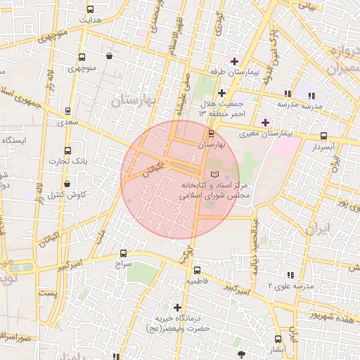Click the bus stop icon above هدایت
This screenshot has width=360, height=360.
click(89, 9)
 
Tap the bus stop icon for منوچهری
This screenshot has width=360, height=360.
click(82, 58)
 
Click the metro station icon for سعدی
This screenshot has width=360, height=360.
click(67, 111)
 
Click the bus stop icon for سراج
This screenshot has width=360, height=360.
click(124, 253)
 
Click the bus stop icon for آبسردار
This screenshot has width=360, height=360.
click(323, 136)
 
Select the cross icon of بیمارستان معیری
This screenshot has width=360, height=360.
click(264, 122)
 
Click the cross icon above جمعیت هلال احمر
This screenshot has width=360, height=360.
click(221, 92)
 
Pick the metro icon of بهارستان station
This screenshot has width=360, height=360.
click(211, 133)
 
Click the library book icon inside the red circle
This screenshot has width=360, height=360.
click(214, 174)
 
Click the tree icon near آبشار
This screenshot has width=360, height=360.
click(242, 354)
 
